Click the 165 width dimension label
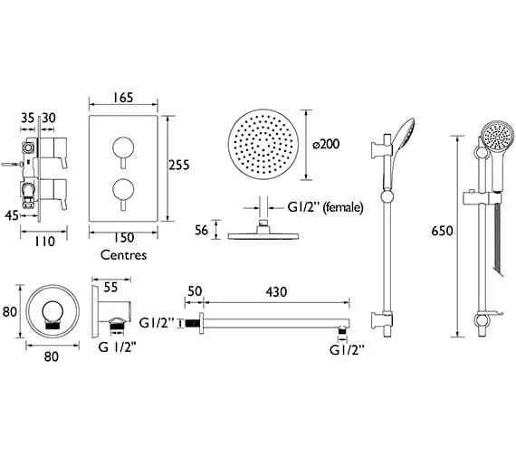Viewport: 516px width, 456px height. pos(123,98)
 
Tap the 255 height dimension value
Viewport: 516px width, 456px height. pos(179,165)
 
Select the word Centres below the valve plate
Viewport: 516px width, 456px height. pos(123,255)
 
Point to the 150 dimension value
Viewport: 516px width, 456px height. pos(124,238)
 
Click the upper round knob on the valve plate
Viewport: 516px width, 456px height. pos(123,147)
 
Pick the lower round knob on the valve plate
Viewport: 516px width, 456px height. pos(123,190)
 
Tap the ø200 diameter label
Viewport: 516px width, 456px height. pos(326,144)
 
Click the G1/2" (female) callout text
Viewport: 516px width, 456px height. pos(326,207)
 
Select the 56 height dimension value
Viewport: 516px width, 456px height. pos(201,230)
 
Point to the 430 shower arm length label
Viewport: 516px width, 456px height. pos(276,292)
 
